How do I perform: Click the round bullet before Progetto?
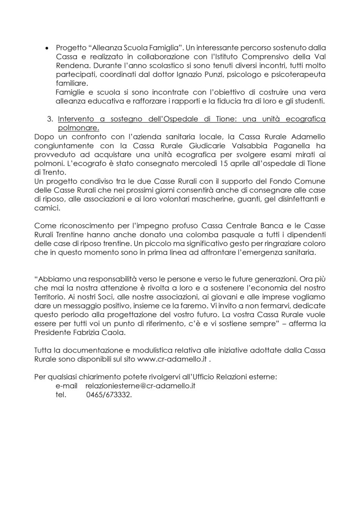tap(47, 48)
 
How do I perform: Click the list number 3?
tap(50, 119)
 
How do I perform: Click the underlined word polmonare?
tap(78, 128)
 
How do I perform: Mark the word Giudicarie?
tap(201, 146)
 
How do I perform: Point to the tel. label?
tap(61, 395)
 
